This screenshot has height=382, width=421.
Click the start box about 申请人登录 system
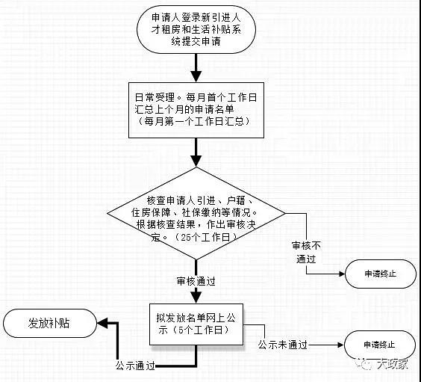(196, 29)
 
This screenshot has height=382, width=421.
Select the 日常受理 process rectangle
(196, 110)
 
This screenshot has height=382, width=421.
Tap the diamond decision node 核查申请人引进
(196, 214)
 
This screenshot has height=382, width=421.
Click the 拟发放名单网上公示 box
(196, 324)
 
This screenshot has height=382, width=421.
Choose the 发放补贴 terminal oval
(50, 323)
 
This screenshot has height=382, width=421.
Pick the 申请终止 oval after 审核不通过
(381, 274)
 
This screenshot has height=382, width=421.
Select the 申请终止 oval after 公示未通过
(380, 345)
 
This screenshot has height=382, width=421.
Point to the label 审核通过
(196, 281)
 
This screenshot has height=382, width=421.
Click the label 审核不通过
(306, 252)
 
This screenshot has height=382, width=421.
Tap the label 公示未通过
(283, 345)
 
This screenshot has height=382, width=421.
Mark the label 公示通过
(135, 366)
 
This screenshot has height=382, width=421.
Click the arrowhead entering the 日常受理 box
(196, 76)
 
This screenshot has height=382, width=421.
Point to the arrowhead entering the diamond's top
(196, 161)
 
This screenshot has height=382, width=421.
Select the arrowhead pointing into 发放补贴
(102, 323)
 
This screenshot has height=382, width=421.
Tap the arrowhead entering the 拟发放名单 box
(196, 298)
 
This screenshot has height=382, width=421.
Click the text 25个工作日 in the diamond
(205, 238)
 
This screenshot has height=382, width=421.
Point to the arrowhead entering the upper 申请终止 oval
(342, 274)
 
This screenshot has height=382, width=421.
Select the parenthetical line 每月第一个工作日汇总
(194, 122)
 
